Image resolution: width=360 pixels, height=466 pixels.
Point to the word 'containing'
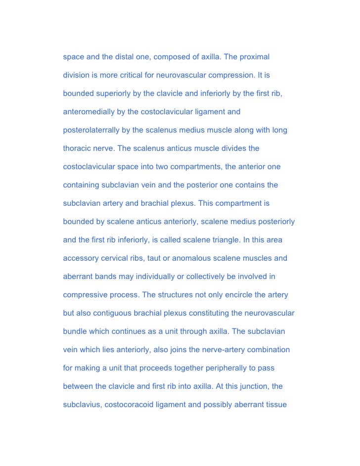(x=81, y=185)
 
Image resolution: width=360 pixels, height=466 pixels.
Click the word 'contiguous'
(x=118, y=313)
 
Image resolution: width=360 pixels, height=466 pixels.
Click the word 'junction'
(x=250, y=386)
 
